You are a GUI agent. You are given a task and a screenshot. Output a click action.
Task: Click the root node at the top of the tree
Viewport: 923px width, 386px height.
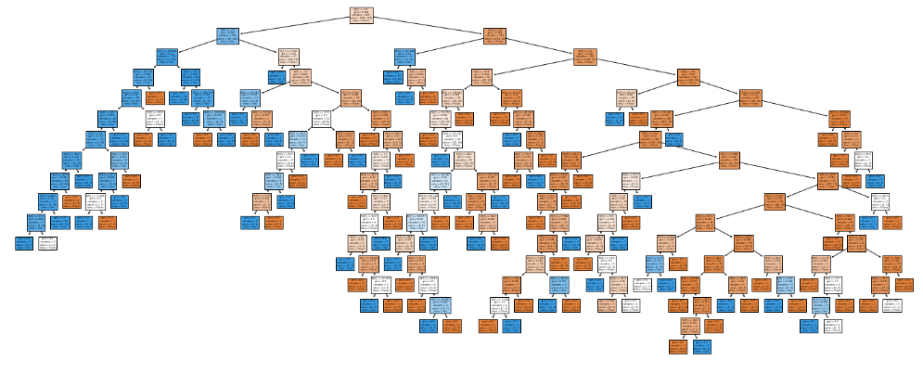point(362,15)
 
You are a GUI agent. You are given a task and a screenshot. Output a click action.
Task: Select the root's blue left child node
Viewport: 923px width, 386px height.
point(228,36)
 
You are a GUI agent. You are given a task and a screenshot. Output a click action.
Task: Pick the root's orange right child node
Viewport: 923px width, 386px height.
point(494,36)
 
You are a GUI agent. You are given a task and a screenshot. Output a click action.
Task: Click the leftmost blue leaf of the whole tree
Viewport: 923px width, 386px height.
point(24,243)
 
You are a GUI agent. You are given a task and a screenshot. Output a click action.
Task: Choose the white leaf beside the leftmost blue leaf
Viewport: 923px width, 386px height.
point(48,243)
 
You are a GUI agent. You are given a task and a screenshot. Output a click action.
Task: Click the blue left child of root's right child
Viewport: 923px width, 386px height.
point(405,57)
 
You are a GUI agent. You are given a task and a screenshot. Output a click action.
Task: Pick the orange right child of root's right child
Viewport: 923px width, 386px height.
point(584,57)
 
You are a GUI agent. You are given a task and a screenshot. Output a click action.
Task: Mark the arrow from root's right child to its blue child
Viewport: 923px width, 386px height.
point(450,46)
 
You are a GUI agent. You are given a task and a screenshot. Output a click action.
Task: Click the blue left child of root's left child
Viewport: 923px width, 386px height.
point(167,57)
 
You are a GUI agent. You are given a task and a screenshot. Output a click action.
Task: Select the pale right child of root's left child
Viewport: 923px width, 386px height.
point(288,57)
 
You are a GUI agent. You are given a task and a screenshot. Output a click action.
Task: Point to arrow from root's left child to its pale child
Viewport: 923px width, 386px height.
point(259,46)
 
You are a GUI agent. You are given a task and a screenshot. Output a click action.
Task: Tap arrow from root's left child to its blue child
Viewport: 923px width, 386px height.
point(198,46)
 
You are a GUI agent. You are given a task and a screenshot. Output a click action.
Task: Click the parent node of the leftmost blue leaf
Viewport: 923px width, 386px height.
point(36,222)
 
